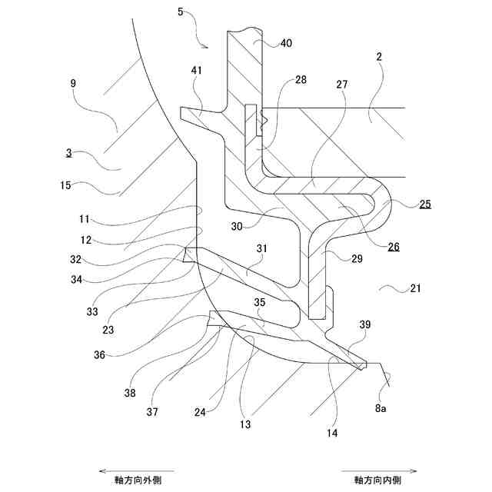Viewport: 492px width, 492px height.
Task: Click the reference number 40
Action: click(285, 44)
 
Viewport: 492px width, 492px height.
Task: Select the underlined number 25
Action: click(425, 204)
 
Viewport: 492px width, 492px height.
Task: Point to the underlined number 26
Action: click(393, 247)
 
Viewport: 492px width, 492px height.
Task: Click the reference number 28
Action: click(300, 80)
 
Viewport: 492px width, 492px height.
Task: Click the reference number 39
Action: click(365, 325)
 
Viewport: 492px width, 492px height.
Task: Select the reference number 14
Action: click(332, 433)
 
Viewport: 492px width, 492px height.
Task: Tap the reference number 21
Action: click(415, 289)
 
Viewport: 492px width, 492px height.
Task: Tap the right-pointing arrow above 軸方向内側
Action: click(381, 470)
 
